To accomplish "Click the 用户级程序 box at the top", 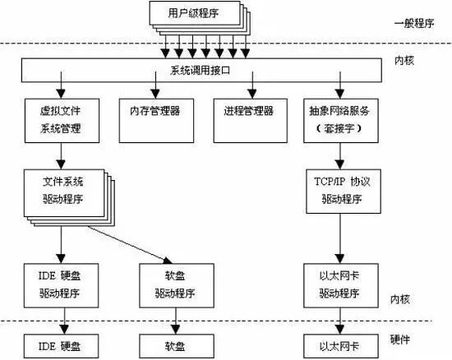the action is tap(195, 13).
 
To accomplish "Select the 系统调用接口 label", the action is tap(200, 71).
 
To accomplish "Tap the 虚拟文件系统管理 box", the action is tap(62, 121).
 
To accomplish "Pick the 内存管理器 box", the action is tap(156, 121).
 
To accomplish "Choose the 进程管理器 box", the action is tap(250, 121).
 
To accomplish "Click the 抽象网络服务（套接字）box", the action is tap(341, 121).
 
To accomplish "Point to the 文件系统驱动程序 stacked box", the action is tap(64, 193).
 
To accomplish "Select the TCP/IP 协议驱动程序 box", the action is tap(344, 192).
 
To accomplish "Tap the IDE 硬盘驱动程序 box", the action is tap(61, 285).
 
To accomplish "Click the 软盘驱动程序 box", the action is tap(177, 285).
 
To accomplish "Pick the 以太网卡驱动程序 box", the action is tap(341, 285).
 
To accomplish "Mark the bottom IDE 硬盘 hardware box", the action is tap(61, 346).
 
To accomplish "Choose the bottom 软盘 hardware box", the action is tap(177, 346).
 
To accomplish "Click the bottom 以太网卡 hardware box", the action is tap(341, 346).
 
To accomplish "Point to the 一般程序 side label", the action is tap(414, 23).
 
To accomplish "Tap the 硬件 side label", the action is tap(400, 339).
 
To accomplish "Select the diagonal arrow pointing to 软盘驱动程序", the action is tap(130, 245).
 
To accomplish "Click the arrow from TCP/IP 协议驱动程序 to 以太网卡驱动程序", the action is tap(340, 238).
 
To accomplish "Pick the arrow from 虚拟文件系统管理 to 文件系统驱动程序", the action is tap(61, 156).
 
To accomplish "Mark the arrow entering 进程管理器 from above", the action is tap(252, 85).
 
